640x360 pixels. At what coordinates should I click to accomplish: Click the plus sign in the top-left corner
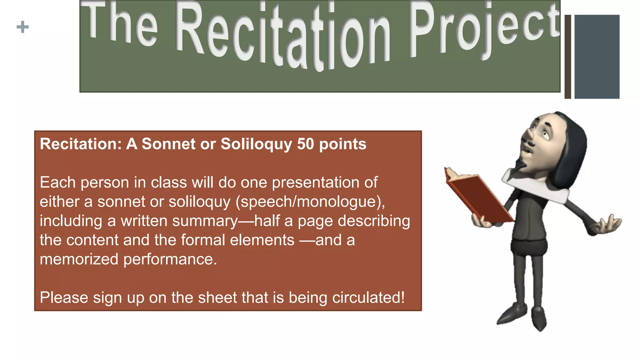22,27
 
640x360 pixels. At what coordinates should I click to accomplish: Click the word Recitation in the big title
283,37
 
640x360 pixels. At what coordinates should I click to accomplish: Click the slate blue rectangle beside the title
597,57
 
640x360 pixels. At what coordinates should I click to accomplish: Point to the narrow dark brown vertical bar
568,57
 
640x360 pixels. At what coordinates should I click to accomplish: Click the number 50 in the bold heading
305,144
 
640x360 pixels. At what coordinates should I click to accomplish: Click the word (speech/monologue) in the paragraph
310,202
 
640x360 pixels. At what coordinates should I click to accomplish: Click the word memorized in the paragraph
79,259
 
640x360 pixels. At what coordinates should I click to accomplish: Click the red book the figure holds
478,197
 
